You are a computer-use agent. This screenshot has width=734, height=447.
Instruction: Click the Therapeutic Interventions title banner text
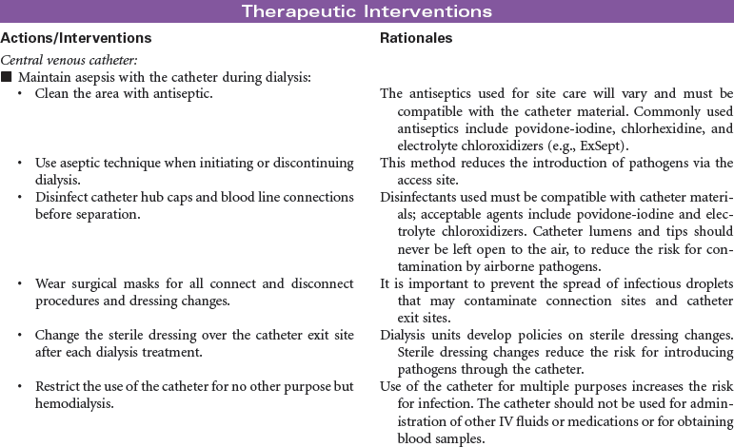click(x=367, y=11)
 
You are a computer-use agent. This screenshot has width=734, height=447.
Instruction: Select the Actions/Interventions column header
click(x=75, y=38)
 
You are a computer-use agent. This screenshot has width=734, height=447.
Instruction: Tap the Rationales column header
click(x=415, y=38)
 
